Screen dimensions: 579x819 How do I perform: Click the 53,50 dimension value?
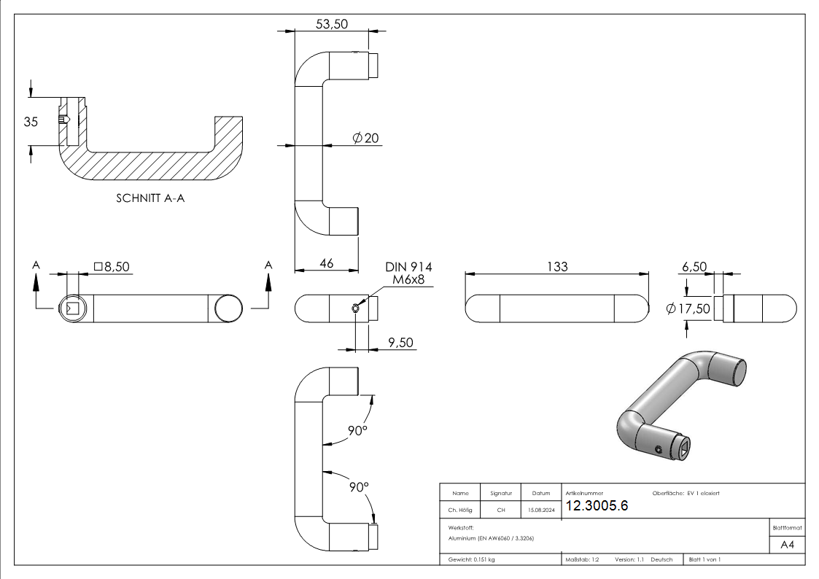point(331,23)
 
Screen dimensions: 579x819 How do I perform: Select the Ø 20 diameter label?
point(365,138)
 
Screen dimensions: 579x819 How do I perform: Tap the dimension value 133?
point(556,267)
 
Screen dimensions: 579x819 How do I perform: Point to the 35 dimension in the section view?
point(30,122)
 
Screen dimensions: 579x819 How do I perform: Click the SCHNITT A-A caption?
point(150,198)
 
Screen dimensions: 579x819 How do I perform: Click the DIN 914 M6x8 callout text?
point(408,273)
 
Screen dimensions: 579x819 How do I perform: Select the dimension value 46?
point(326,263)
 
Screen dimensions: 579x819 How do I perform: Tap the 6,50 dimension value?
point(694,267)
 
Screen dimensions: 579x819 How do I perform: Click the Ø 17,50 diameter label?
point(688,308)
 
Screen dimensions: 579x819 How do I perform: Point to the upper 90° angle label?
point(357,430)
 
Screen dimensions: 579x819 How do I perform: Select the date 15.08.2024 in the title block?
point(540,510)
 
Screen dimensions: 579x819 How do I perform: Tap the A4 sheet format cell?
point(788,545)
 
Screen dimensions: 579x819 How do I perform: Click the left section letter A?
point(36,265)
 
